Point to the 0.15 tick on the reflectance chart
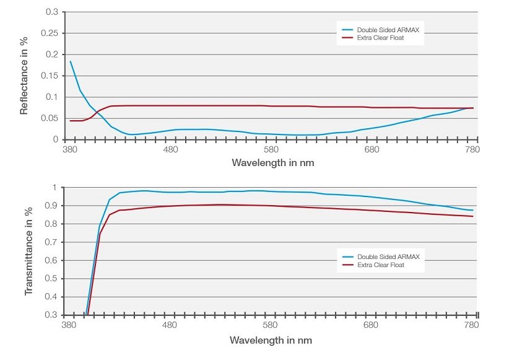click(x=50, y=76)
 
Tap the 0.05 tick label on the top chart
click(x=50, y=118)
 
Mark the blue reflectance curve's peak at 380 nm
click(x=71, y=61)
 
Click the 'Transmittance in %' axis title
click(x=28, y=251)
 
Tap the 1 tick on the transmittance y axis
click(x=56, y=188)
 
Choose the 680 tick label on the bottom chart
click(x=371, y=325)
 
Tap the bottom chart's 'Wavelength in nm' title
click(x=271, y=340)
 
